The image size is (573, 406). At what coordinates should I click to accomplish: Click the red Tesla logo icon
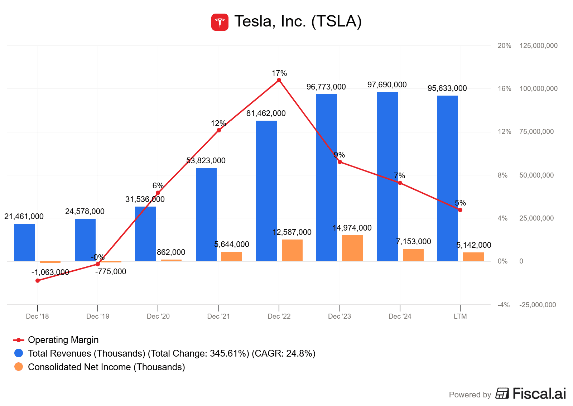[220, 22]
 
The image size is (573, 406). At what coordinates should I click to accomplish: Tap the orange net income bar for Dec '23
[352, 248]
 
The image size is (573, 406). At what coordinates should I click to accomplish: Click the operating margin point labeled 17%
[279, 80]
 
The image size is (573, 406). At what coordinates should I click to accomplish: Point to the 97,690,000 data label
[387, 85]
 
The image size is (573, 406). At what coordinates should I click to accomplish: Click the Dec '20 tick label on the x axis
[158, 316]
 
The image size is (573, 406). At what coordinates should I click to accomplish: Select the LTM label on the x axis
[460, 316]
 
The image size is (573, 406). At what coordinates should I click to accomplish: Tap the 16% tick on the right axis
[504, 89]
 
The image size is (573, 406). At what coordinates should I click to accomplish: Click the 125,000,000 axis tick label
[538, 46]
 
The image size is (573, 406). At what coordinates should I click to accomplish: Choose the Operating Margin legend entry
[63, 340]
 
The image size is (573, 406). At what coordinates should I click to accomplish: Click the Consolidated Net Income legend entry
[106, 367]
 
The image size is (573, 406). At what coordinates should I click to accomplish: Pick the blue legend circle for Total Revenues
[19, 353]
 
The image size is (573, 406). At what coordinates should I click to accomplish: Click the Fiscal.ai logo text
[539, 393]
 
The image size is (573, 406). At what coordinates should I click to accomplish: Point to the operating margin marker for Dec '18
[38, 280]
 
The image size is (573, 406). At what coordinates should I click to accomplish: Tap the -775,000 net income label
[111, 272]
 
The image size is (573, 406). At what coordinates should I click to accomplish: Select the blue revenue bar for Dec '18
[24, 242]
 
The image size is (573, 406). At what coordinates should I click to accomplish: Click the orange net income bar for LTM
[473, 257]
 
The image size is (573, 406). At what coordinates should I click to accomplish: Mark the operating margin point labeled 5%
[460, 210]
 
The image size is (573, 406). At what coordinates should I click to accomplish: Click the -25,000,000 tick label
[538, 305]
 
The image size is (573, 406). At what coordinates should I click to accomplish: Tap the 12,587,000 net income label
[292, 232]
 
